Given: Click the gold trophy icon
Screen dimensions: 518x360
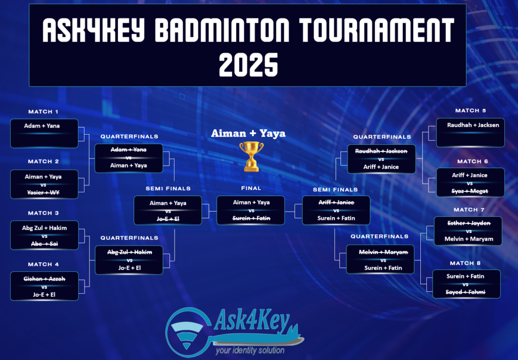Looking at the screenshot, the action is [x=251, y=156].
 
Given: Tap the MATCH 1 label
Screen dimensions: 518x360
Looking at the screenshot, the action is [x=44, y=112].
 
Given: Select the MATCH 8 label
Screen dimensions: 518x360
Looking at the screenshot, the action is [x=465, y=263].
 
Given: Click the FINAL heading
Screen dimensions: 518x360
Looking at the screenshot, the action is [x=251, y=188].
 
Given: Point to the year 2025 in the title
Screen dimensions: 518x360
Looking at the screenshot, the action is [x=248, y=65].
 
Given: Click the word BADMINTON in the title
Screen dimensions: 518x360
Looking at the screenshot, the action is [x=222, y=30].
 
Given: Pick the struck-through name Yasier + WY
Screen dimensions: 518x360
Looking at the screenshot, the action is [x=44, y=192].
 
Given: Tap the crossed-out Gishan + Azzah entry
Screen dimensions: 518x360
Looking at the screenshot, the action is [x=45, y=278].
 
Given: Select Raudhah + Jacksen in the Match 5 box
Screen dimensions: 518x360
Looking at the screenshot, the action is [x=473, y=125].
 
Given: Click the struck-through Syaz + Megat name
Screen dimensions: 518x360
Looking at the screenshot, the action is [x=470, y=191].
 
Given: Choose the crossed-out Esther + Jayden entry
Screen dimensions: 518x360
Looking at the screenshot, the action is [x=469, y=223].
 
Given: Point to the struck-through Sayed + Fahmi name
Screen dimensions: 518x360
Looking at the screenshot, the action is [x=465, y=292].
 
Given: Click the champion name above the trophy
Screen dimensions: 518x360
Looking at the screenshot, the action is [x=248, y=133].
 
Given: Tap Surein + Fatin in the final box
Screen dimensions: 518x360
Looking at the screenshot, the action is [x=251, y=218].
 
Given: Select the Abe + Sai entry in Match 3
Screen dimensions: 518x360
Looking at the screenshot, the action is [x=45, y=244].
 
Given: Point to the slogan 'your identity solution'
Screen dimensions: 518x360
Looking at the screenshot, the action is [x=250, y=350].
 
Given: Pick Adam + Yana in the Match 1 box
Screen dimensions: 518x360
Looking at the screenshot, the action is [x=42, y=126].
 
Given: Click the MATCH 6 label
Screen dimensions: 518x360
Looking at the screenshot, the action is [x=473, y=162].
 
